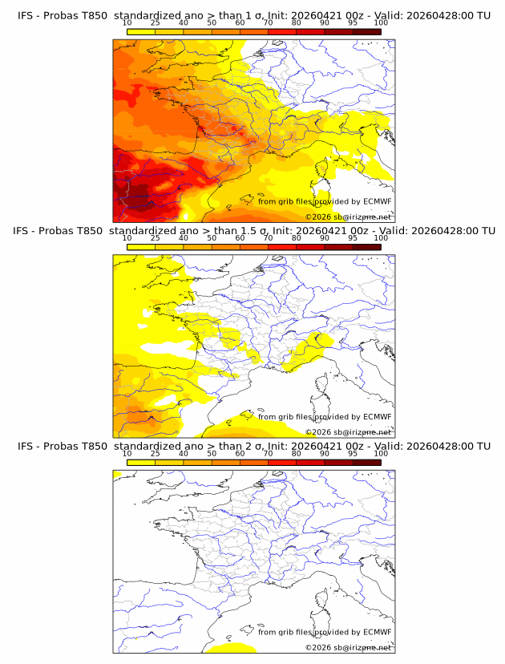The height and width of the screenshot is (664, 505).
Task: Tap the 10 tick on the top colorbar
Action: (x=127, y=23)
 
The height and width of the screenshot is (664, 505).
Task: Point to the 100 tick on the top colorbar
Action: (x=381, y=23)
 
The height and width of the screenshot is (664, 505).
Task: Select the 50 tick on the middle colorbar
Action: (x=212, y=239)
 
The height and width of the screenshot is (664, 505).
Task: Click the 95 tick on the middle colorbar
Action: (x=353, y=239)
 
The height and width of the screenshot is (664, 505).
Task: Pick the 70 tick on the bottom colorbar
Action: (x=269, y=454)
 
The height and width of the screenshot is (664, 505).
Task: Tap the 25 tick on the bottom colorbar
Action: (x=156, y=454)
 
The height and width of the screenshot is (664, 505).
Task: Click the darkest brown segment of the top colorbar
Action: (x=366, y=31)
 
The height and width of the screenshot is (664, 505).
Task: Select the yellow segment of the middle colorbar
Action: (x=141, y=247)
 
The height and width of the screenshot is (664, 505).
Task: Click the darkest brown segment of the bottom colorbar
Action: (x=366, y=462)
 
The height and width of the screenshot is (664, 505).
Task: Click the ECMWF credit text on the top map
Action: (x=325, y=201)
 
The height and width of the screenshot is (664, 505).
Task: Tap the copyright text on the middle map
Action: (x=348, y=432)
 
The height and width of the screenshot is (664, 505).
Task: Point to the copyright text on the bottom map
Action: (x=348, y=647)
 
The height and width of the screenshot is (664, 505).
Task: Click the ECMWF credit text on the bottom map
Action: (x=325, y=632)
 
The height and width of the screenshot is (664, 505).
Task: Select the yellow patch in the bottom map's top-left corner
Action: (x=117, y=476)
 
